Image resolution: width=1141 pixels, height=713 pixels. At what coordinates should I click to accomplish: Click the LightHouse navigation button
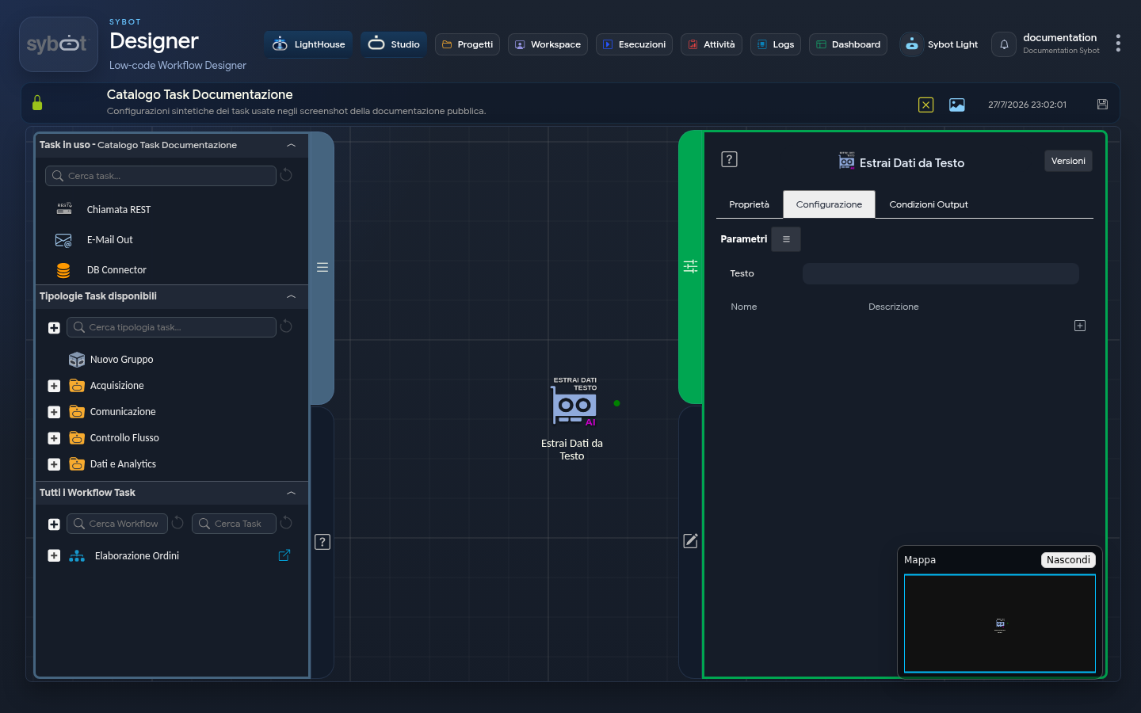point(308,44)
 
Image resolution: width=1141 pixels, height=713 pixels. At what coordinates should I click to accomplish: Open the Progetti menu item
point(467,44)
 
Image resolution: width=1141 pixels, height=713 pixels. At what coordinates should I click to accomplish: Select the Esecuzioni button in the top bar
point(634,44)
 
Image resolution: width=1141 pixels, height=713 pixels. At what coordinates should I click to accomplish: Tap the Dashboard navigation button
point(848,44)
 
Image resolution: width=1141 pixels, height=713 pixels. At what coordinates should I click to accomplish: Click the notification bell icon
point(1003,44)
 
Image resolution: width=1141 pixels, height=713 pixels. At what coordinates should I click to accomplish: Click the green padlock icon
point(37,103)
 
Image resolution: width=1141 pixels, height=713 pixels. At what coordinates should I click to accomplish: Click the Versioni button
point(1067,161)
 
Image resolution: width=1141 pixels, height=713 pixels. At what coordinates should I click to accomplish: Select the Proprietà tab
point(749,204)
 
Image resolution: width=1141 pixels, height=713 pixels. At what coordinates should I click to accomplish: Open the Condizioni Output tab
point(928,204)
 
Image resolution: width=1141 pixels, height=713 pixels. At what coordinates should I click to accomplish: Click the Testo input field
point(941,273)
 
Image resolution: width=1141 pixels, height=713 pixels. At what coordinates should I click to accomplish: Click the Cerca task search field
point(160,176)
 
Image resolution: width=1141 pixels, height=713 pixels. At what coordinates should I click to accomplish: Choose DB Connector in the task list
point(116,270)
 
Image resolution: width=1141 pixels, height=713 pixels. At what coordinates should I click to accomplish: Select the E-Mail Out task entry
point(109,240)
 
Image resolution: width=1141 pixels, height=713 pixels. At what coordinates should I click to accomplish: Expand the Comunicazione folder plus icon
point(54,412)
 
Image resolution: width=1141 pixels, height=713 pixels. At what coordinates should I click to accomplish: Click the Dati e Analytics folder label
point(123,464)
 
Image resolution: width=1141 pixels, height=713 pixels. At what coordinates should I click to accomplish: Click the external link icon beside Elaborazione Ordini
point(284,555)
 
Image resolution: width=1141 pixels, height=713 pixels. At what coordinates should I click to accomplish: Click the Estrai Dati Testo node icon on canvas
point(574,406)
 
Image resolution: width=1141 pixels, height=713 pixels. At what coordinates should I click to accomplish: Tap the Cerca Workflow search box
point(116,524)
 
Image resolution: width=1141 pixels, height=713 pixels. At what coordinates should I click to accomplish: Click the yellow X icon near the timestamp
point(925,105)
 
